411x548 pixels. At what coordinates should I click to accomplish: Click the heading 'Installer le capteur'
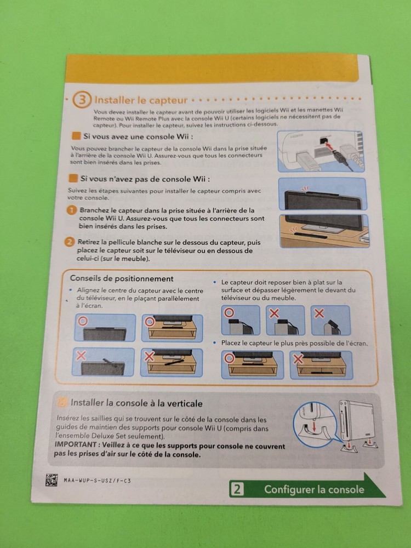tap(141, 100)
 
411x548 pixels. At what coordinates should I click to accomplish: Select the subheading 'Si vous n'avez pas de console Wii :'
tap(145, 179)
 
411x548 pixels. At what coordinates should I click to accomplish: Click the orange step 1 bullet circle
tap(71, 211)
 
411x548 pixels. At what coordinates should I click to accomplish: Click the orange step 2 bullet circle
tap(70, 242)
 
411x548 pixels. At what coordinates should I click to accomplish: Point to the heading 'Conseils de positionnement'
tap(122, 278)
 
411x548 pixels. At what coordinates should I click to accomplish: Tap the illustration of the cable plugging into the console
tap(321, 151)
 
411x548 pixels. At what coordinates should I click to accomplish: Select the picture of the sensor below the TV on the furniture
tap(323, 230)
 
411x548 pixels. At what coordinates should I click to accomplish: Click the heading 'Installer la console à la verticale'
tap(136, 403)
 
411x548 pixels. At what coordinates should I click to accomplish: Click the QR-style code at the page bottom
tap(52, 480)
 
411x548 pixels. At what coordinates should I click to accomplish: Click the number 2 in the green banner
tap(237, 489)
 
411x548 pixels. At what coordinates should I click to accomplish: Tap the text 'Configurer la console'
tap(313, 489)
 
